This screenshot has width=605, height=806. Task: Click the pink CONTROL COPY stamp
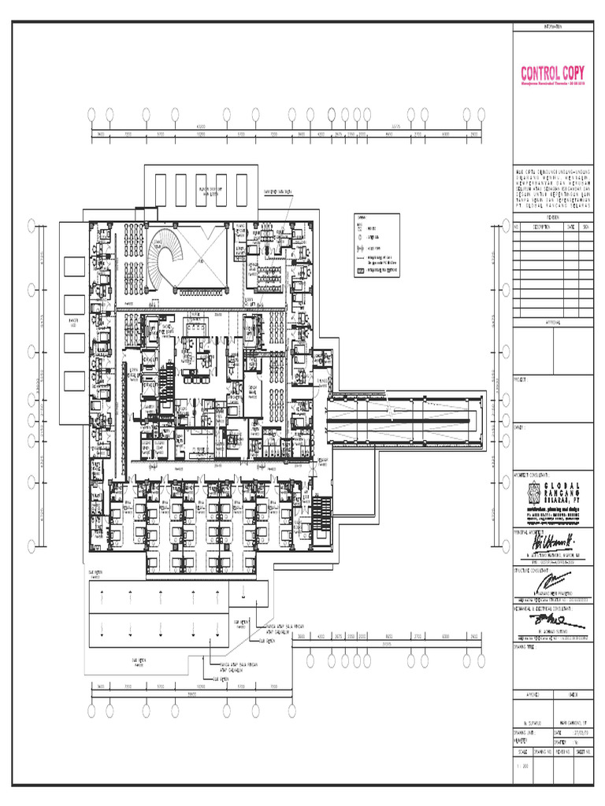552,75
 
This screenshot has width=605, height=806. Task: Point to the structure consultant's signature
551,582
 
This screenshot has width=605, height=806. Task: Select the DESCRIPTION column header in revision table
544,227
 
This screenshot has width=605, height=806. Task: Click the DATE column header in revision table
571,227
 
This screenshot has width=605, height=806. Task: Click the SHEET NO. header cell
584,751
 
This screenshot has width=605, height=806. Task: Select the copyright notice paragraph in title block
552,187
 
